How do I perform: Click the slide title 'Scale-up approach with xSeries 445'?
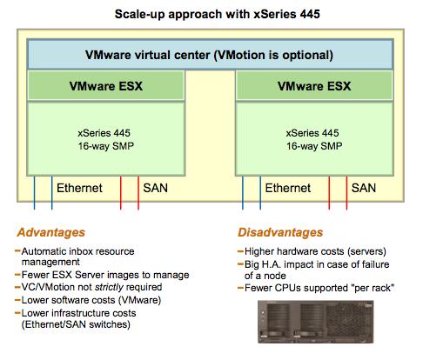pyautogui.click(x=217, y=14)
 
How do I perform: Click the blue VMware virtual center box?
pyautogui.click(x=210, y=55)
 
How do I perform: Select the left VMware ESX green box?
pyautogui.click(x=106, y=86)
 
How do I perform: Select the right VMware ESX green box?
pyautogui.click(x=314, y=86)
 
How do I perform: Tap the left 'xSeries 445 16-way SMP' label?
pyautogui.click(x=105, y=139)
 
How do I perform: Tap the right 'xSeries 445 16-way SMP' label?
pyautogui.click(x=313, y=139)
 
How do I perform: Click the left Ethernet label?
pyautogui.click(x=79, y=188)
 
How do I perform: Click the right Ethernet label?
pyautogui.click(x=287, y=188)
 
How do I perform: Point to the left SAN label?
pyautogui.click(x=155, y=188)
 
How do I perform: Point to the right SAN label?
pyautogui.click(x=364, y=188)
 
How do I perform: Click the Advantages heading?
pyautogui.click(x=50, y=232)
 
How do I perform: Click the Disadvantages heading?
pyautogui.click(x=280, y=232)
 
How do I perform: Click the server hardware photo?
pyautogui.click(x=316, y=322)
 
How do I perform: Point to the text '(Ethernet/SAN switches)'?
pyautogui.click(x=76, y=324)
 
